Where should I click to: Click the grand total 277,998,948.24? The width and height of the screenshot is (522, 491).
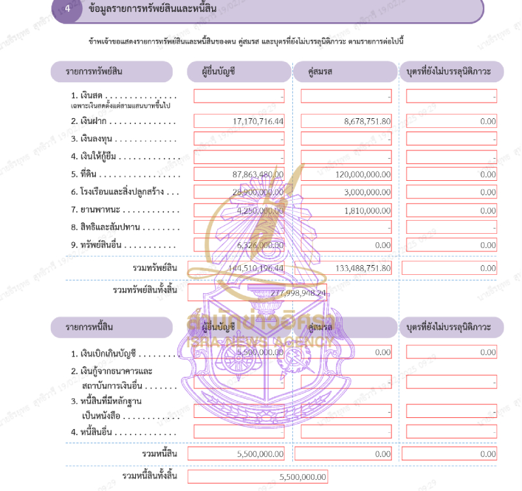pos(298,293)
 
